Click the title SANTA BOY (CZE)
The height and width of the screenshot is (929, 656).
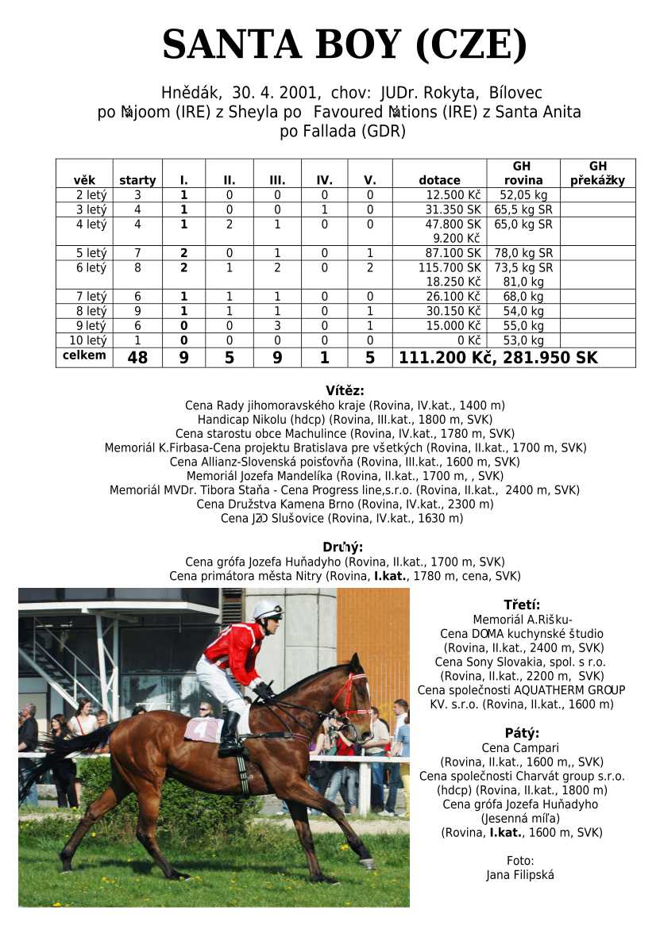click(x=344, y=44)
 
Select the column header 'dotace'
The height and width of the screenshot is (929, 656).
click(x=439, y=180)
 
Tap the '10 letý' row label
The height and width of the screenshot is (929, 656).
click(x=87, y=340)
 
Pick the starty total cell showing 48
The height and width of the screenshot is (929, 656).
click(x=137, y=358)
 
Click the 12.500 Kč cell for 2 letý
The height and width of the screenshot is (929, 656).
click(x=453, y=195)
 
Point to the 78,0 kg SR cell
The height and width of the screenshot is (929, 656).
click(x=523, y=253)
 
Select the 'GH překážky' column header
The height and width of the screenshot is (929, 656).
click(x=597, y=174)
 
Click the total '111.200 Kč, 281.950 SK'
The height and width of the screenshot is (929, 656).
click(x=498, y=358)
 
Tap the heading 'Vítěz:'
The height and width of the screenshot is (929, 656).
click(x=345, y=390)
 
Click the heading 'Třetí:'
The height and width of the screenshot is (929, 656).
click(x=522, y=605)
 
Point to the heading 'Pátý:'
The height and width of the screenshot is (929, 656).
click(x=522, y=732)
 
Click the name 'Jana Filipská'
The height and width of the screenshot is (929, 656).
click(x=520, y=875)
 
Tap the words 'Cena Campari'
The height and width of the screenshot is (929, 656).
click(x=521, y=747)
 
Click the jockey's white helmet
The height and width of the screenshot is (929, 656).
click(x=266, y=610)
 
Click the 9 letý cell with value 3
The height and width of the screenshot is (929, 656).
click(x=277, y=326)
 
